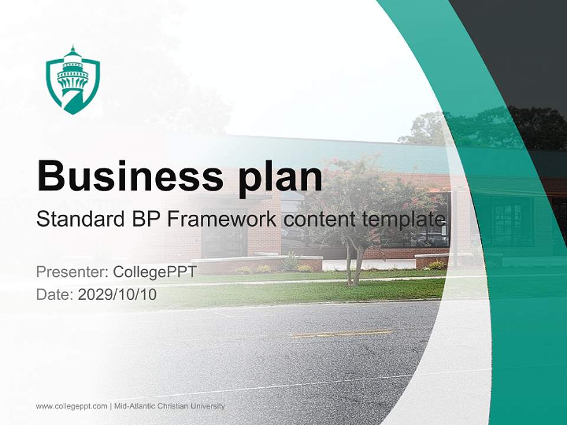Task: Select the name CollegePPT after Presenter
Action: [155, 272]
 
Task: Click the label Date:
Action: [55, 295]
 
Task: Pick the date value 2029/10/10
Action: [118, 295]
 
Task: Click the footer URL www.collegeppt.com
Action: [71, 406]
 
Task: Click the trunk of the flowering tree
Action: [357, 266]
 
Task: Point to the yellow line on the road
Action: [343, 334]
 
